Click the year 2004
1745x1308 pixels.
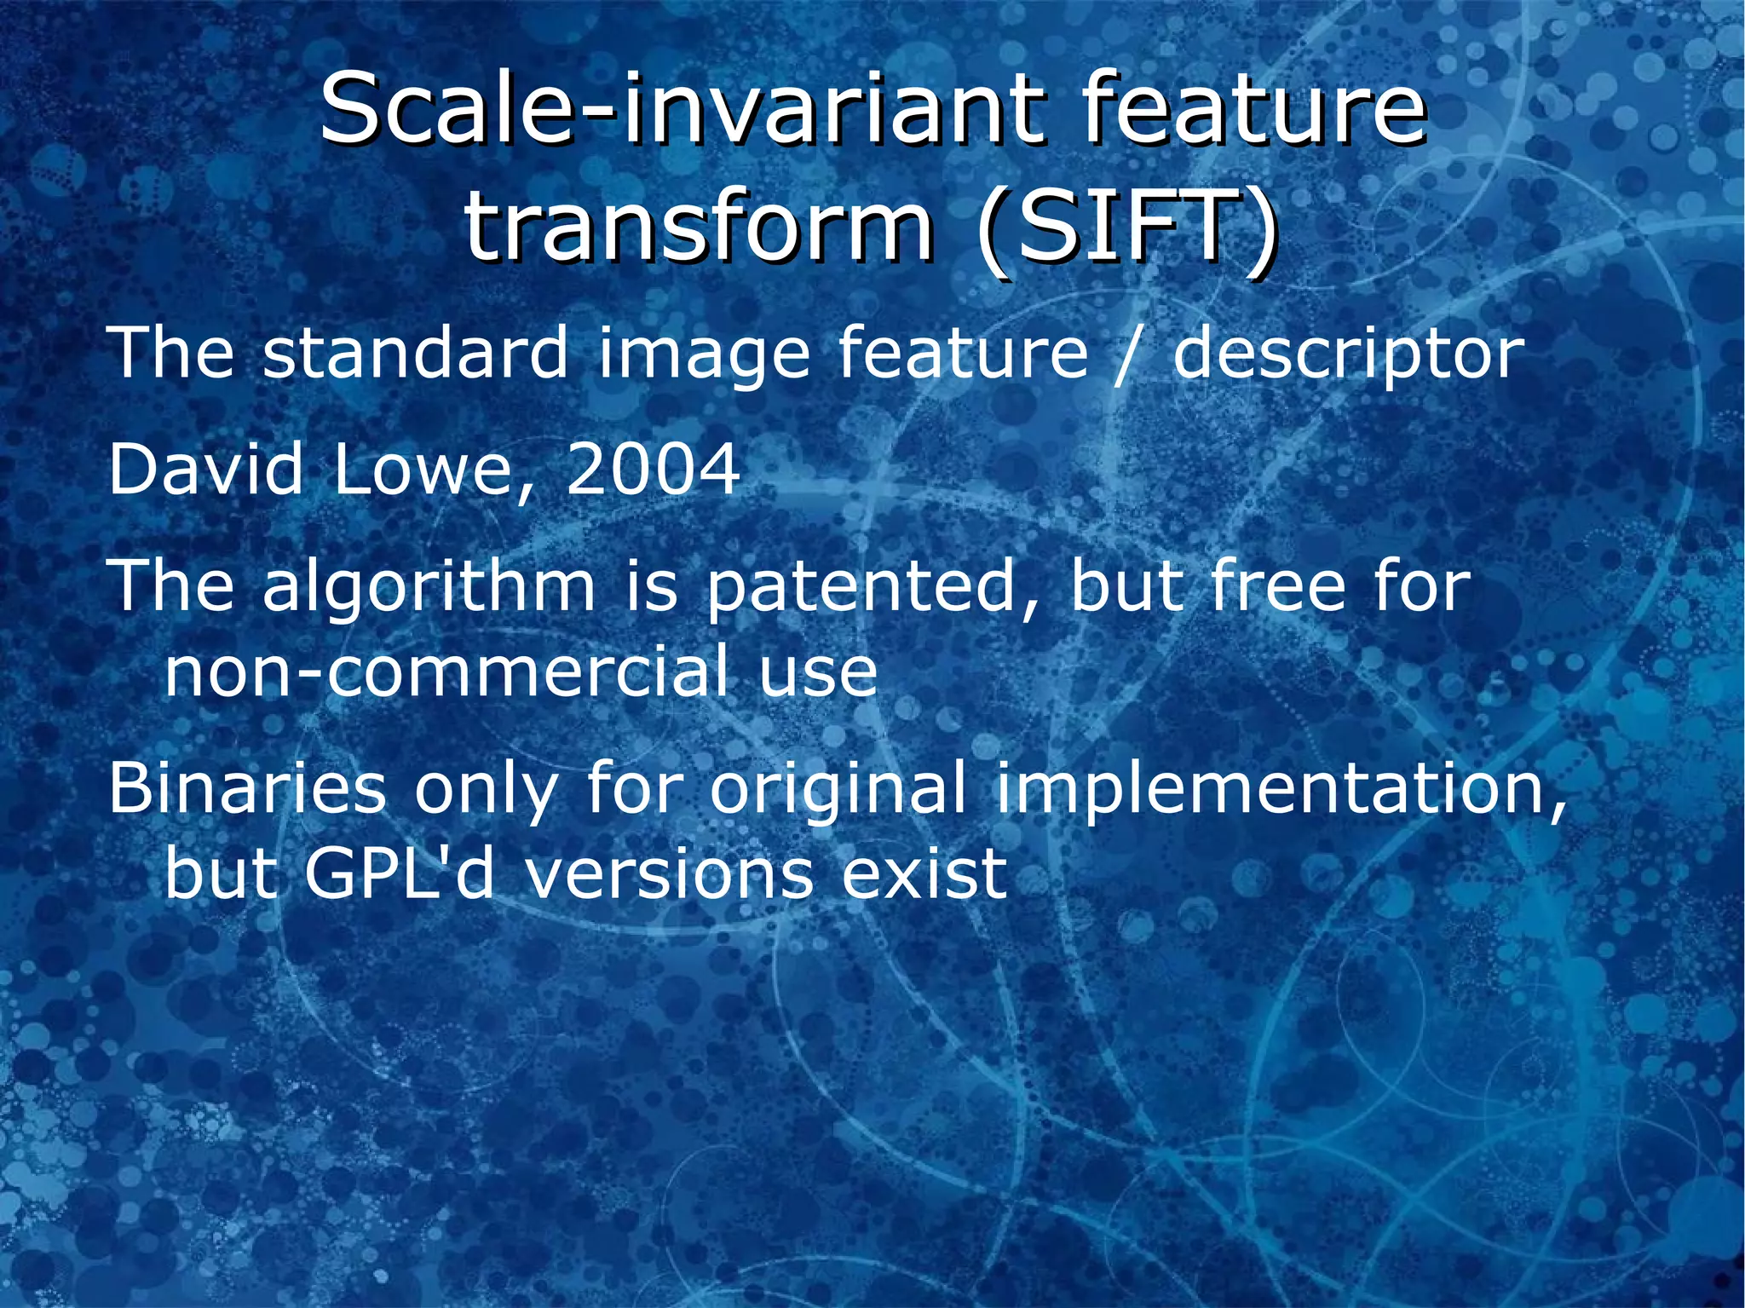[x=653, y=470]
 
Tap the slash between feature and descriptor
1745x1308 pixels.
[x=1131, y=354]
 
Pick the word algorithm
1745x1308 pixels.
[x=429, y=588]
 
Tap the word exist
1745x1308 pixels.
[x=924, y=874]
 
